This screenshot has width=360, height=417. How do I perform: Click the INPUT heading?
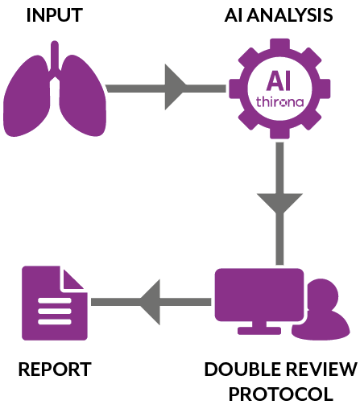point(55,15)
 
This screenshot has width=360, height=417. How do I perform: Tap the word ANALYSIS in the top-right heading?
point(290,15)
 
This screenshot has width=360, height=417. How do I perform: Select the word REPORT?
point(55,370)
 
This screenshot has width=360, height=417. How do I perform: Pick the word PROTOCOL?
point(281,394)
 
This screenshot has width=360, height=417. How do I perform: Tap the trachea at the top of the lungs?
point(55,58)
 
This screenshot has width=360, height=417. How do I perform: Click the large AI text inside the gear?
point(279,81)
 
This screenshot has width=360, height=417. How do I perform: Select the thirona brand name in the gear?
point(279,101)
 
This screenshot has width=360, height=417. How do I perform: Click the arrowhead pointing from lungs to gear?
point(176,87)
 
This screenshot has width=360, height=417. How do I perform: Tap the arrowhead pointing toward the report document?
point(150,302)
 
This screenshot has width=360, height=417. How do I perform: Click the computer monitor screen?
point(259,295)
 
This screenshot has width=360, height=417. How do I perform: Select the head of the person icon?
point(323,295)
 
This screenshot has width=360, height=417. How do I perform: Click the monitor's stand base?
point(259,331)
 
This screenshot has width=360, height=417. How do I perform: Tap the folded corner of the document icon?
point(73,279)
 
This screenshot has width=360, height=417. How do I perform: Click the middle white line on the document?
point(55,311)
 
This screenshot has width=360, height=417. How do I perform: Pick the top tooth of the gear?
point(279,44)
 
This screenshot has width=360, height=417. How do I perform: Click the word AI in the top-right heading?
point(234,15)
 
